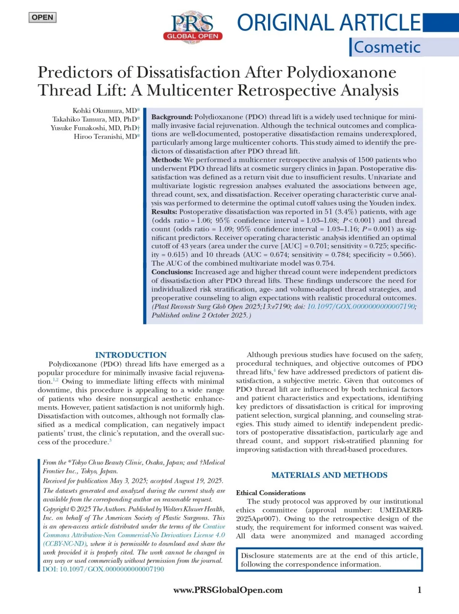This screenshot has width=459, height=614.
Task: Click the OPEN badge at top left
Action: point(42,18)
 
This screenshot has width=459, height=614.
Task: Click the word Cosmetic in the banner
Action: point(387,47)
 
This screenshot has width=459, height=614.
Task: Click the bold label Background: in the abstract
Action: point(172,117)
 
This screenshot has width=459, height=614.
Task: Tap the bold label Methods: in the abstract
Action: point(166,160)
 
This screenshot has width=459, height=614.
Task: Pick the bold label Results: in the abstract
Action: point(164,212)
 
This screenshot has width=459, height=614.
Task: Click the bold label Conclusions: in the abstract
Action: point(172,272)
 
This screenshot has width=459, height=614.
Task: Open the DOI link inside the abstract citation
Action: point(361,306)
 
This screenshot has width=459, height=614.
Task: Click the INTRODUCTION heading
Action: point(131,355)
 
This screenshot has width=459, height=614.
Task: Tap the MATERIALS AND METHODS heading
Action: point(329,475)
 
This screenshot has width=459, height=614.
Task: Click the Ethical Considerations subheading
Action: point(271,493)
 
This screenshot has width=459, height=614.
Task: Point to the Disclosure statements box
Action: point(329,560)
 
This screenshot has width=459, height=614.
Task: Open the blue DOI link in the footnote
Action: point(103,569)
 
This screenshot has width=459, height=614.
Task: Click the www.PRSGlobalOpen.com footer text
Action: point(228,590)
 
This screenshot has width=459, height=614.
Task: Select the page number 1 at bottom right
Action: point(419,590)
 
